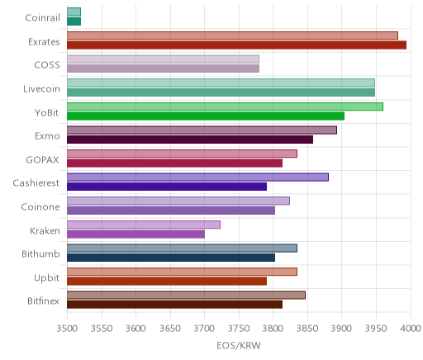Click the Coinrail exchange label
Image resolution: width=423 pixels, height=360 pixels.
42,18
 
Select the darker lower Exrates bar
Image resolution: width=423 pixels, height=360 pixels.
236,45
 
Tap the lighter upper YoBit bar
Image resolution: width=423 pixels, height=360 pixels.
225,107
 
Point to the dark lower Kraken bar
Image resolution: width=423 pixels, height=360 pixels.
135,234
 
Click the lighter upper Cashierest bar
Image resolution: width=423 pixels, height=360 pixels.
197,178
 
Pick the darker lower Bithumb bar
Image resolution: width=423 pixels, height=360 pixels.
171,258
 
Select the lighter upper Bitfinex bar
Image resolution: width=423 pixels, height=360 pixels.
186,296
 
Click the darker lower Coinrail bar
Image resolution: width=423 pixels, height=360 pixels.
74,21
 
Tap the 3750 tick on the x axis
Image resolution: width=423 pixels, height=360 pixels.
239,329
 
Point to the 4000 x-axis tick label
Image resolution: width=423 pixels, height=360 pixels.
411,329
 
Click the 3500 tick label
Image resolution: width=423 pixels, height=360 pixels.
67,329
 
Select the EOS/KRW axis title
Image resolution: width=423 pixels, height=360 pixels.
239,345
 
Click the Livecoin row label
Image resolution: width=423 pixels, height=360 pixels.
41,89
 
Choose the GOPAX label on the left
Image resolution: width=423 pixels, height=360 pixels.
42,160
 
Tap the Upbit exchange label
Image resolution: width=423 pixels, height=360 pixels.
46,277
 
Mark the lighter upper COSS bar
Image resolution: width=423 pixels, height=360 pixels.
163,59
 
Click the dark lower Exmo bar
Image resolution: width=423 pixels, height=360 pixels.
190,140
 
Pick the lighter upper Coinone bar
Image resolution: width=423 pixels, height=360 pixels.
178,201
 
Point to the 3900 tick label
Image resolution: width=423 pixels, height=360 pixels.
342,329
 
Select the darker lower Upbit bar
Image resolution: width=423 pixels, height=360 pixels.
167,282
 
